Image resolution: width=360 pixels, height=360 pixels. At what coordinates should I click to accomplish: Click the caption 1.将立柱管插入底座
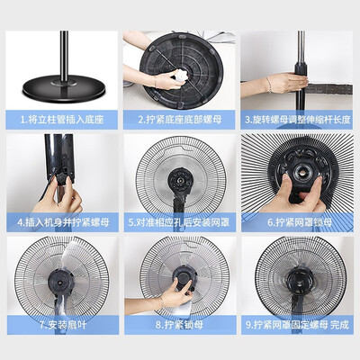tap(62, 120)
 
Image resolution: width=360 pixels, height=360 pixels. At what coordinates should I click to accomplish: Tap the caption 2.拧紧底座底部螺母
tap(180, 120)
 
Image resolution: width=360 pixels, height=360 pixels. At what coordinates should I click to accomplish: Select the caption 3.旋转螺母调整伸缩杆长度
tap(298, 120)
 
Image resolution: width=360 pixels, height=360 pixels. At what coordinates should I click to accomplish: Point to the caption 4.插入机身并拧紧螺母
tap(63, 222)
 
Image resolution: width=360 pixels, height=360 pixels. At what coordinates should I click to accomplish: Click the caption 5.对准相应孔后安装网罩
tap(179, 222)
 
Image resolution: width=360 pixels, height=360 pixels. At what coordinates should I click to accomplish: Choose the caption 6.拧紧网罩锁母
tap(300, 222)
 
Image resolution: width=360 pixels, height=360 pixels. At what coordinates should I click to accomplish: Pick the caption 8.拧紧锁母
tap(179, 325)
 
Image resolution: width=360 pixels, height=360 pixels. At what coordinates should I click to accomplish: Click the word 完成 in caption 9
tap(339, 325)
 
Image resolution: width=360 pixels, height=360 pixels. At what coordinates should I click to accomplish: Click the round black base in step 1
tap(64, 88)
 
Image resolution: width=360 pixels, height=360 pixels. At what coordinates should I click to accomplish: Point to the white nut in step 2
tap(182, 75)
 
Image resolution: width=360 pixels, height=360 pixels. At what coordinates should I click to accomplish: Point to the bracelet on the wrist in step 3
tap(269, 85)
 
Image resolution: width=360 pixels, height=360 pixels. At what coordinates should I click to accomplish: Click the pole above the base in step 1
tap(64, 56)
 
